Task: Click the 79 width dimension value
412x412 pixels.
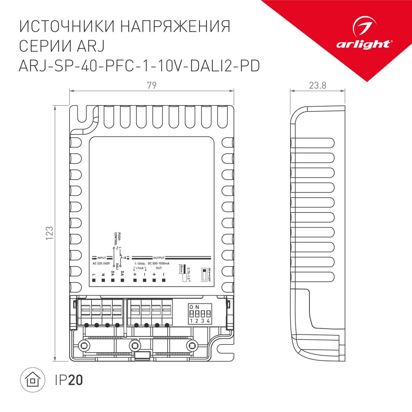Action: [152, 85]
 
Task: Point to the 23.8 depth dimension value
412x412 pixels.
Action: [318, 85]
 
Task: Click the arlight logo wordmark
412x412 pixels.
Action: [363, 44]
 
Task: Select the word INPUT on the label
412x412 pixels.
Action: [102, 258]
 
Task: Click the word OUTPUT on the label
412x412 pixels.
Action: [159, 258]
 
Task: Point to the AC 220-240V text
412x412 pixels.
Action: [101, 263]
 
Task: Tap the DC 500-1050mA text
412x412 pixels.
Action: [159, 263]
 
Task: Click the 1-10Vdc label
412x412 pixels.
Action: [140, 263]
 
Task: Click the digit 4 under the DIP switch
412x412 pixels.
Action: [208, 321]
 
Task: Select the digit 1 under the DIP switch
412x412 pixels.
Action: [191, 321]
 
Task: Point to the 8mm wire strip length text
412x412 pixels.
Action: [181, 269]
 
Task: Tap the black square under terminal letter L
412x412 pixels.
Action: [94, 280]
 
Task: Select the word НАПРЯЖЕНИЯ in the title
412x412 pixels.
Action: [175, 26]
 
